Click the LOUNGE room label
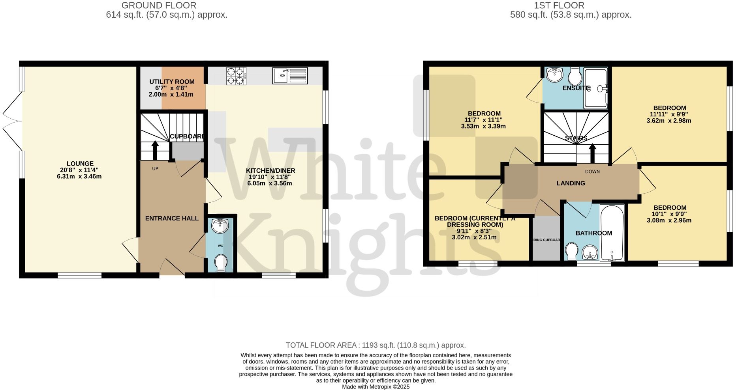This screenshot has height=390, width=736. (80, 164)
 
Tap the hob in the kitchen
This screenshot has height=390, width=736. (236, 76)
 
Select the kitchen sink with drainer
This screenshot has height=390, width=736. (290, 76)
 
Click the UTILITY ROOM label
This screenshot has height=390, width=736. (172, 82)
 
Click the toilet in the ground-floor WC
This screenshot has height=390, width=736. (221, 263)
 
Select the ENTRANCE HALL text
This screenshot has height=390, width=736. (172, 218)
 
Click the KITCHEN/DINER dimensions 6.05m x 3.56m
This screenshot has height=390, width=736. (270, 183)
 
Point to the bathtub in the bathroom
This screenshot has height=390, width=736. (612, 233)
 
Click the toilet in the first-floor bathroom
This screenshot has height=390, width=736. (571, 252)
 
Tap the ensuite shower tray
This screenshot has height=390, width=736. (595, 88)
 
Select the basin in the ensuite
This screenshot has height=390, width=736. (554, 75)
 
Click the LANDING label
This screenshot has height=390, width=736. (571, 183)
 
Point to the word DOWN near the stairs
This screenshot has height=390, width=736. (592, 172)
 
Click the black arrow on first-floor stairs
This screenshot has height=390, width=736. (592, 153)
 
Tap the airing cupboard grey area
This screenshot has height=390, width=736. (546, 239)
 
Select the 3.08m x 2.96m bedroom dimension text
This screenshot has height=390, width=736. (669, 220)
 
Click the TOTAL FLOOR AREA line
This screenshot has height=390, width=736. (376, 345)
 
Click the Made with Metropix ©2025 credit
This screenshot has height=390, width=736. (376, 387)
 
